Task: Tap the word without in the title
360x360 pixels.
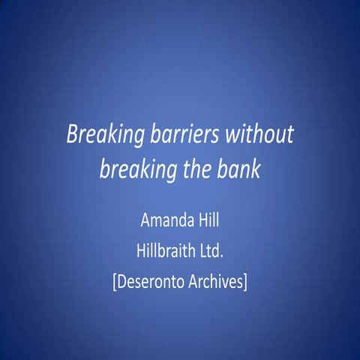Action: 257,135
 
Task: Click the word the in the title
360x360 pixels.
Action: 196,169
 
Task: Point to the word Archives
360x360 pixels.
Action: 216,282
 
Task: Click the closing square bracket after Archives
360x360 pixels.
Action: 247,283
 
